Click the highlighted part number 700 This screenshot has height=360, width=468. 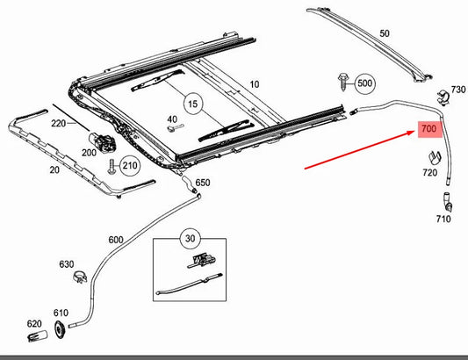pyautogui.click(x=428, y=129)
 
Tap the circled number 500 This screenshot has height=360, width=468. pyautogui.click(x=364, y=83)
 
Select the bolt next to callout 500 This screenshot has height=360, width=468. pyautogui.click(x=343, y=82)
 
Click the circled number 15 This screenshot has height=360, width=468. pyautogui.click(x=193, y=104)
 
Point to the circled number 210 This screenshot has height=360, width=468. pyautogui.click(x=130, y=165)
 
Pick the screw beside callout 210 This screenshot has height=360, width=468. pyautogui.click(x=112, y=167)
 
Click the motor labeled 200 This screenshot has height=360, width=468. pyautogui.click(x=102, y=140)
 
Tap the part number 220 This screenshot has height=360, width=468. pyautogui.click(x=58, y=123)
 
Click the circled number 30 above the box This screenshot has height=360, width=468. pyautogui.click(x=191, y=238)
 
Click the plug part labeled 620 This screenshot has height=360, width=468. pyautogui.click(x=38, y=336)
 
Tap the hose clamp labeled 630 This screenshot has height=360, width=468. pyautogui.click(x=80, y=277)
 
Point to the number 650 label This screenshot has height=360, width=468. pyautogui.click(x=203, y=183)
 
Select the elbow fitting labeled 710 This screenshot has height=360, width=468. pyautogui.click(x=448, y=202)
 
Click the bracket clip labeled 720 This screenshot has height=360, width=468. pyautogui.click(x=435, y=158)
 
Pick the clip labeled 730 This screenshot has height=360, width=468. pyautogui.click(x=443, y=97)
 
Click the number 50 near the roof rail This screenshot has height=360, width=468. pyautogui.click(x=385, y=33)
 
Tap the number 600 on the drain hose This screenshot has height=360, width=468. pyautogui.click(x=116, y=240)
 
